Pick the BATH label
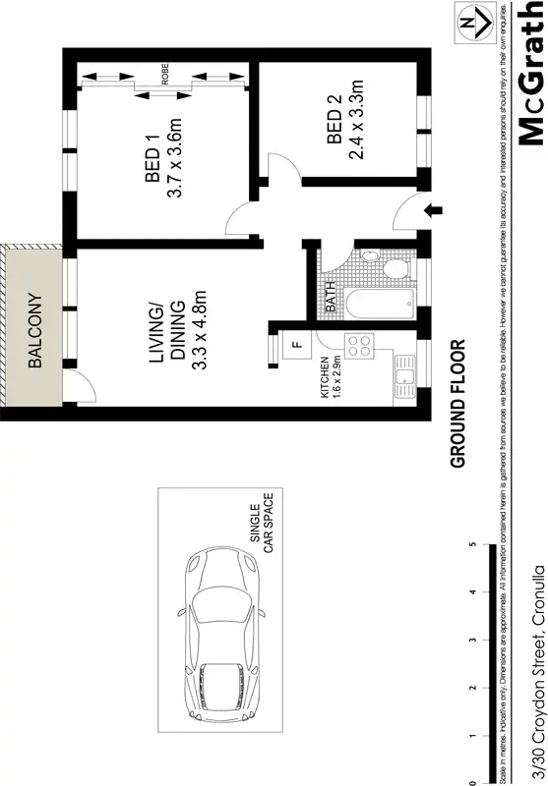pos(330,299)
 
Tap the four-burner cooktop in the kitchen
pos(356,346)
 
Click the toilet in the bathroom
pos(392,269)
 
